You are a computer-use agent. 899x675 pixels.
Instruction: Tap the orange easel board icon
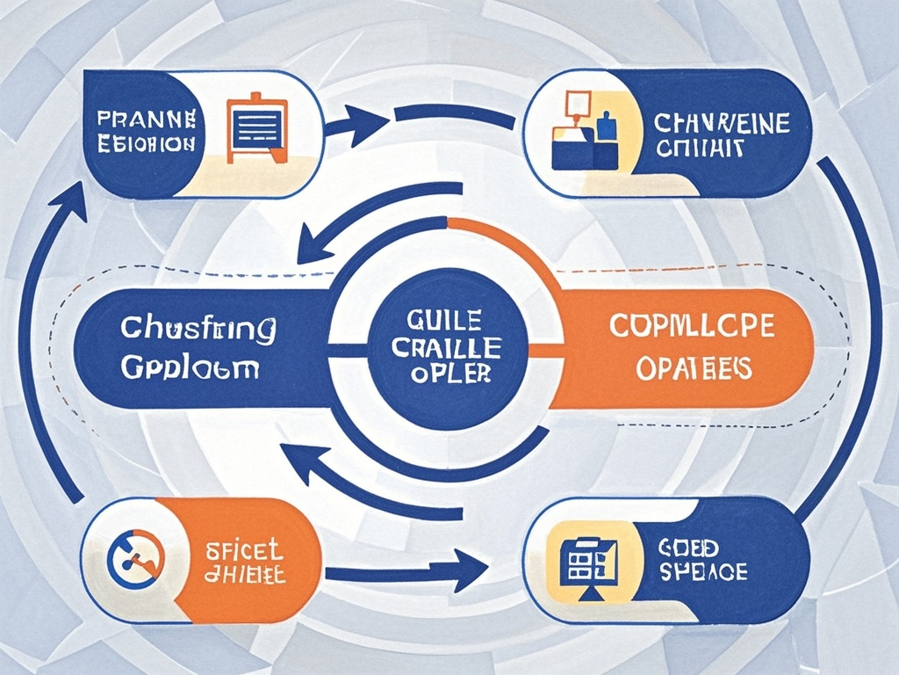click(x=257, y=128)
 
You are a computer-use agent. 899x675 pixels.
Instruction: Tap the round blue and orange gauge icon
click(x=134, y=559)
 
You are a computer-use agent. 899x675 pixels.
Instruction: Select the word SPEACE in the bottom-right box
click(x=702, y=572)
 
